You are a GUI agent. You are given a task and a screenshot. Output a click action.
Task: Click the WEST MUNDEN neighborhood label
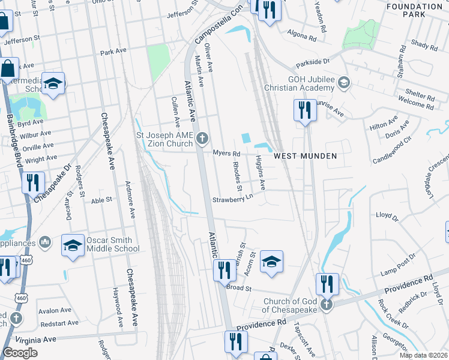click(x=305, y=156)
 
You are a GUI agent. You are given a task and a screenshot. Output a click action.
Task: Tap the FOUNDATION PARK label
click(x=414, y=10)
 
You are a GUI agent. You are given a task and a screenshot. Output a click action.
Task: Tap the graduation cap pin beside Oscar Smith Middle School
click(x=73, y=246)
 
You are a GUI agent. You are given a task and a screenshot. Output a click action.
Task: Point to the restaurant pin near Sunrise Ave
click(x=305, y=110)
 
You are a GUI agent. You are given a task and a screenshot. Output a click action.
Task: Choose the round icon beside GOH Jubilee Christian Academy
click(x=344, y=82)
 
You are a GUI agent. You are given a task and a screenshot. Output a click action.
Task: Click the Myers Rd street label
click(x=226, y=154)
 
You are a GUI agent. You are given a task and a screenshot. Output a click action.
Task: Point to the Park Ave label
click(x=115, y=52)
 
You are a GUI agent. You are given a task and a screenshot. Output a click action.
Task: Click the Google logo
click(x=20, y=353)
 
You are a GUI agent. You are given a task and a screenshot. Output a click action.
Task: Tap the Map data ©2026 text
click(x=423, y=355)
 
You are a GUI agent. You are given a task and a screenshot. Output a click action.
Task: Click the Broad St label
click(x=238, y=288)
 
